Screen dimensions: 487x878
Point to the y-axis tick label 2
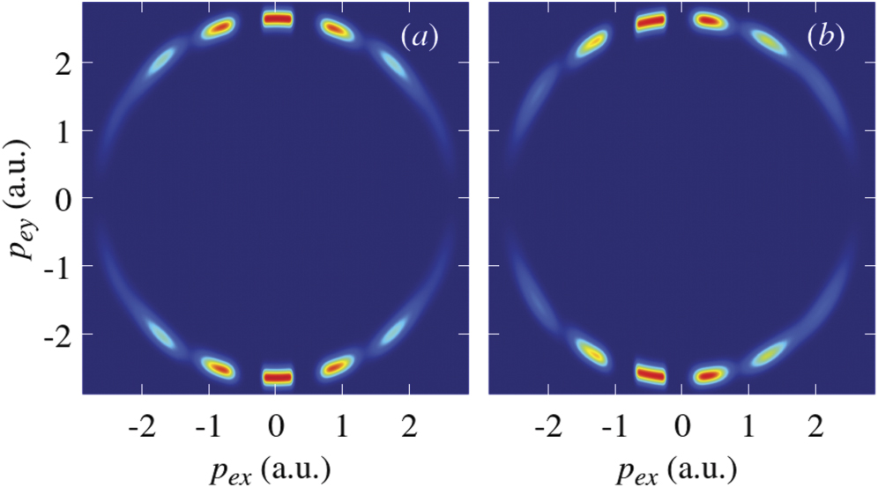62,63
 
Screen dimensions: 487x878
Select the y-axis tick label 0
62,198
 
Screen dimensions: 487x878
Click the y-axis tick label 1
62,130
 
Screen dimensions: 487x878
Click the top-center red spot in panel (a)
277,18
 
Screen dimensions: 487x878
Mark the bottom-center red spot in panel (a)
277,377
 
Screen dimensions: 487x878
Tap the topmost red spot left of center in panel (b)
650,22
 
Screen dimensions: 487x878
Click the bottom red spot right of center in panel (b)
709,376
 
